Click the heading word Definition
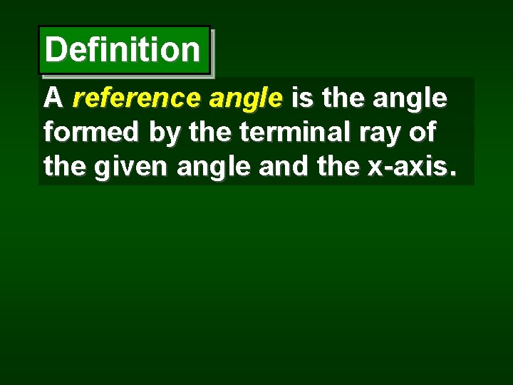[x=123, y=50]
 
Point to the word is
[x=303, y=98]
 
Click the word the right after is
[x=343, y=98]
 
